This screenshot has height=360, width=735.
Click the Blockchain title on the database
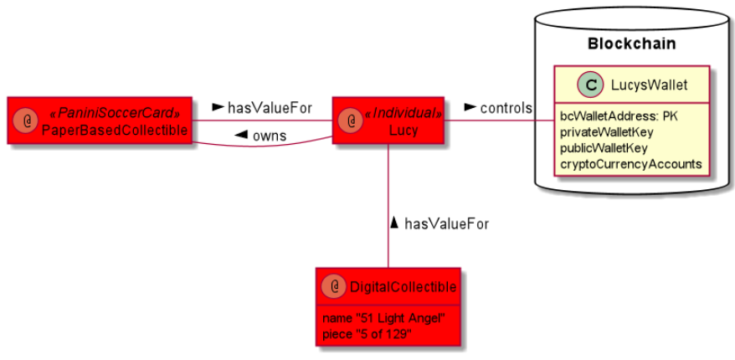(631, 44)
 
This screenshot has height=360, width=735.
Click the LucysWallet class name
(644, 84)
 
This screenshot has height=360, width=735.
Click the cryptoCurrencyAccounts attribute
(630, 163)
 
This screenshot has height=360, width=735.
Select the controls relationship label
(505, 107)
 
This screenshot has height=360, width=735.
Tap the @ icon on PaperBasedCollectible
(28, 121)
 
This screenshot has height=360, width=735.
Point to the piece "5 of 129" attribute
(367, 334)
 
